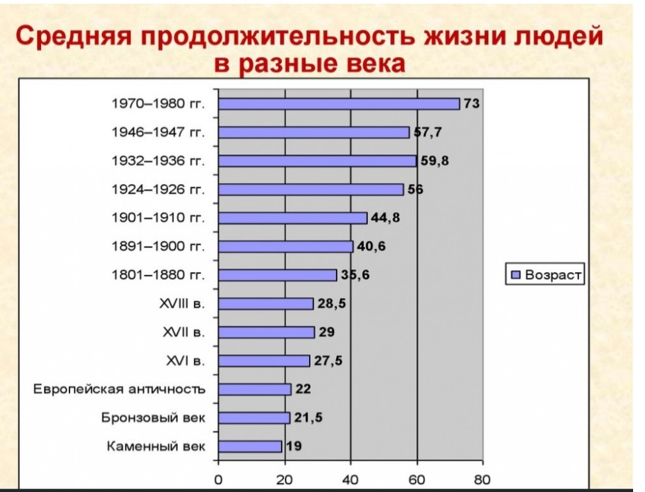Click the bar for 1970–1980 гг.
[339, 104]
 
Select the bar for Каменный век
[250, 446]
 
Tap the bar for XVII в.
[267, 332]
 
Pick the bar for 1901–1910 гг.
[293, 218]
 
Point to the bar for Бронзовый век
[254, 418]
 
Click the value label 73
[472, 103]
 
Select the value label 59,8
[435, 160]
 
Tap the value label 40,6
[371, 246]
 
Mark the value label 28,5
[331, 303]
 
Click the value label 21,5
[308, 418]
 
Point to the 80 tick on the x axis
[482, 480]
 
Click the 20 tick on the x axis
[284, 480]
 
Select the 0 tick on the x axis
[218, 480]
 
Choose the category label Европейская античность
[119, 389]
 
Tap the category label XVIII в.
[182, 304]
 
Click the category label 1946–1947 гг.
[158, 132]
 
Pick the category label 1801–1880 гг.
[158, 275]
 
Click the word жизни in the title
[461, 36]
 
